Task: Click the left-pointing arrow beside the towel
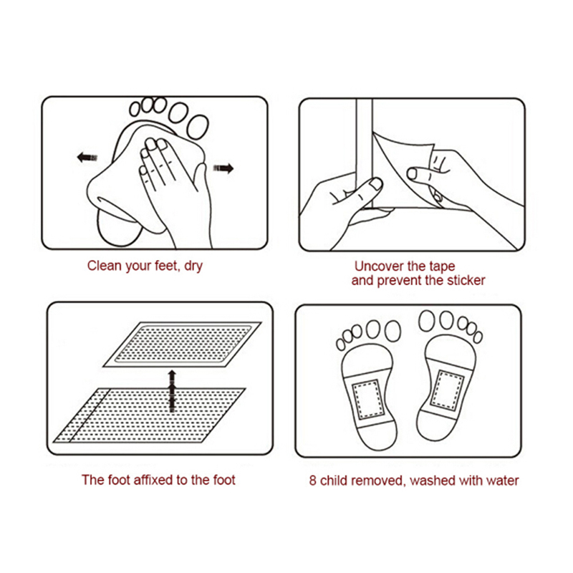tap(87, 158)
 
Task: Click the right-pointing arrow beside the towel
tap(223, 168)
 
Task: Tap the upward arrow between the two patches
tap(172, 391)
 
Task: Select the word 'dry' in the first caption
tap(193, 266)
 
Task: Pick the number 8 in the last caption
tap(312, 481)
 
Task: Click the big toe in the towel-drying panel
tap(198, 127)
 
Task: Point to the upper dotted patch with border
tap(183, 344)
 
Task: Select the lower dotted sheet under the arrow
tap(150, 415)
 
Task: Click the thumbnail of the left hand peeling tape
tap(375, 183)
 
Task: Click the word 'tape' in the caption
tap(442, 266)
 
